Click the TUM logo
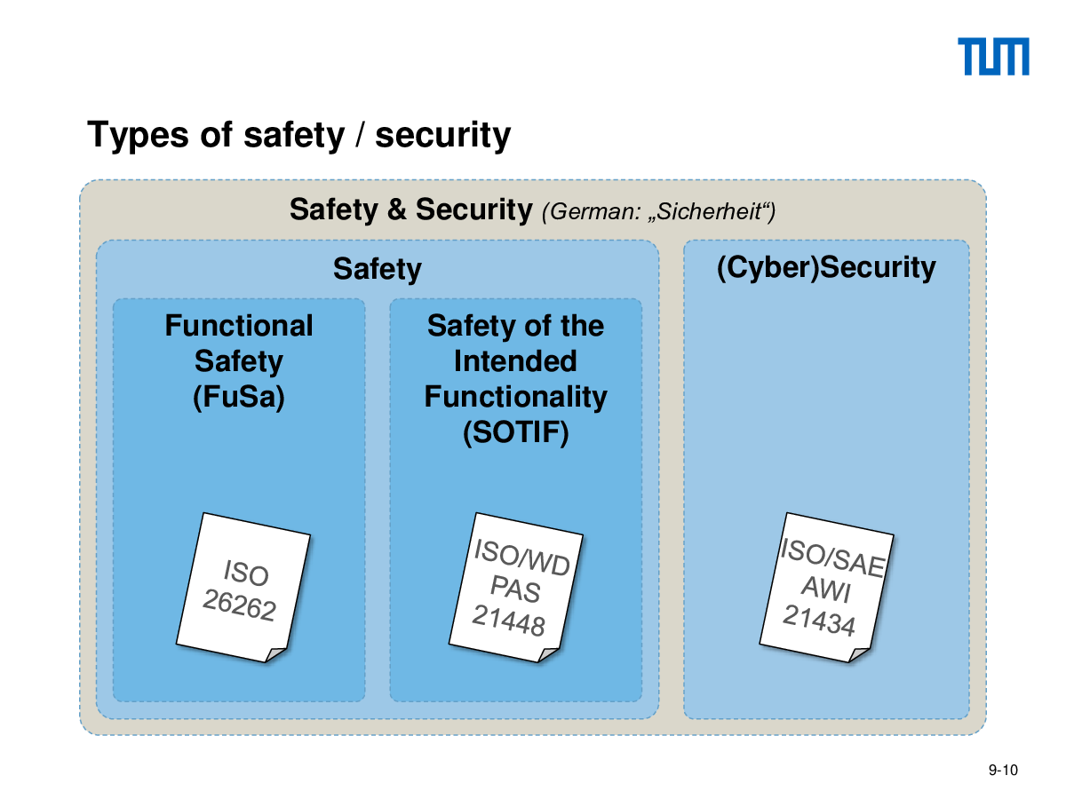[992, 56]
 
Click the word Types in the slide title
[138, 135]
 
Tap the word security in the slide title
[442, 135]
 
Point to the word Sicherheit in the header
[708, 211]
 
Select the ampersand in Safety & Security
[396, 210]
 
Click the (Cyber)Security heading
[825, 267]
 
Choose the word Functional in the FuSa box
[238, 325]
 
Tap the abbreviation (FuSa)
[238, 397]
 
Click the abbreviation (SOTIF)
[515, 432]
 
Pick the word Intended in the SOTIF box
[515, 361]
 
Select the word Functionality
[515, 398]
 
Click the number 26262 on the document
[239, 605]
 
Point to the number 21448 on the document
[508, 620]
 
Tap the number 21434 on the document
[819, 620]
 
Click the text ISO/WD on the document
[521, 558]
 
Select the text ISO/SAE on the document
[832, 558]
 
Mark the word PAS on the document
[514, 589]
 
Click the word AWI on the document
[825, 589]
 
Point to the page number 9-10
[1003, 770]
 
